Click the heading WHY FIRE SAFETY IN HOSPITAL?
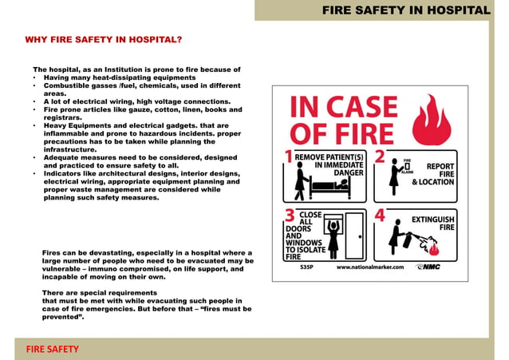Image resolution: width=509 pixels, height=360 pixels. pos(104,39)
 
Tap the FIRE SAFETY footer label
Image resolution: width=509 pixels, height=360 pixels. pos(50,349)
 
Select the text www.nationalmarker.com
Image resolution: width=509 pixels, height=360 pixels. pos(370,267)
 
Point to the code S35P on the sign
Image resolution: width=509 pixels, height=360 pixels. pos(306,267)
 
